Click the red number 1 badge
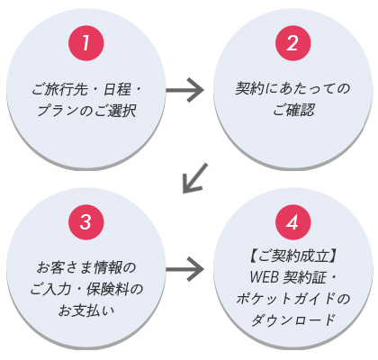(86, 43)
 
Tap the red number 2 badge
(292, 43)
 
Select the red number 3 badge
(86, 222)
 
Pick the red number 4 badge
(292, 222)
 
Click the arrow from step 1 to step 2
(185, 90)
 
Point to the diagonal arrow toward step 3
(195, 177)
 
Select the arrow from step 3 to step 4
(185, 269)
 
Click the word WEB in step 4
(264, 277)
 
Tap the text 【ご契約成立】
(292, 256)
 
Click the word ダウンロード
(292, 319)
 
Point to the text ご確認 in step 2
(292, 110)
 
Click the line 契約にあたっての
(292, 88)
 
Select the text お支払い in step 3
(86, 311)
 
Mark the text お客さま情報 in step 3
(79, 268)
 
